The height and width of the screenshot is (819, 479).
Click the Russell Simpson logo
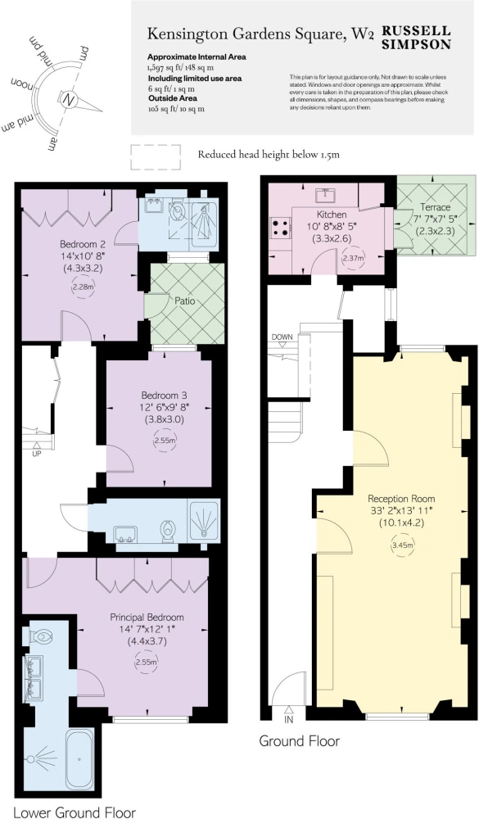click(x=416, y=38)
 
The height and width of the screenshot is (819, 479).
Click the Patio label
click(x=184, y=301)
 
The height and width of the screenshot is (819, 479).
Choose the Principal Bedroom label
click(x=147, y=618)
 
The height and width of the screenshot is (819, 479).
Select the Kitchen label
click(x=331, y=215)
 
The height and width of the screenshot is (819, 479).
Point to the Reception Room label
click(x=401, y=498)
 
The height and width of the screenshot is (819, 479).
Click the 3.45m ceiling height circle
click(x=402, y=545)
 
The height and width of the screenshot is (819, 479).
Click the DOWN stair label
click(x=282, y=337)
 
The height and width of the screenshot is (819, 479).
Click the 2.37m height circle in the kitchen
click(x=353, y=257)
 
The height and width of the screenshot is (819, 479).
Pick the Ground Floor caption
click(x=300, y=740)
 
